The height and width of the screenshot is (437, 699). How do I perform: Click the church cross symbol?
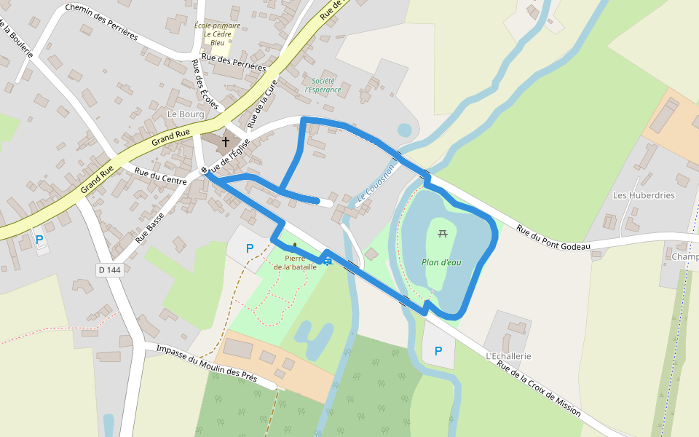coord(226,141)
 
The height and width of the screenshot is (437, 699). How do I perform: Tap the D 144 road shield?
coord(109,270)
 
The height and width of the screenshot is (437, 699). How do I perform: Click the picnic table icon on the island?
coord(442,234)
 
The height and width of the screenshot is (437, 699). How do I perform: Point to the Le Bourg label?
coord(186,114)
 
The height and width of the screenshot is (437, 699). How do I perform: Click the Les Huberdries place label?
coord(644,195)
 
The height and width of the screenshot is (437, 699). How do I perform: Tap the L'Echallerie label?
coord(508,356)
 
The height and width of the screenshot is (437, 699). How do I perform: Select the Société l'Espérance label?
coord(323,85)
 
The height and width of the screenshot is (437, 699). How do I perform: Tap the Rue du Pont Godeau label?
coord(553,238)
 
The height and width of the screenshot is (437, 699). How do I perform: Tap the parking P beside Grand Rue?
coord(39,239)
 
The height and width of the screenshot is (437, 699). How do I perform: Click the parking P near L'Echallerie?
coord(438,351)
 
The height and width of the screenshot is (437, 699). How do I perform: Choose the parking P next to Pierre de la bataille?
coord(250,248)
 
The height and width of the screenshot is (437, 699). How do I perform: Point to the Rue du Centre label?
coord(161,175)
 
